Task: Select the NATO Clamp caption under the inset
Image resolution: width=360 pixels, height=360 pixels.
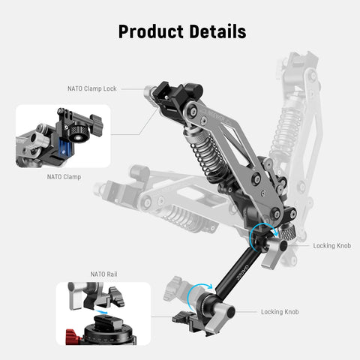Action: click(x=64, y=177)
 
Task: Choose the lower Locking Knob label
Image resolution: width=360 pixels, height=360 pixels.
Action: click(x=282, y=311)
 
